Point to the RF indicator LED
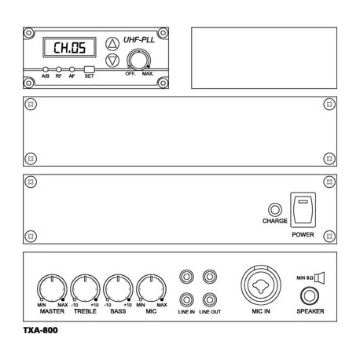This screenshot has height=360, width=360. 59,69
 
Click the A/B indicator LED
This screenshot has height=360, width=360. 46,69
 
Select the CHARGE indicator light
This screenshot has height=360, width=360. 274,210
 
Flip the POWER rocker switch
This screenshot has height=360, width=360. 303,210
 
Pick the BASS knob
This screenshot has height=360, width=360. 118,287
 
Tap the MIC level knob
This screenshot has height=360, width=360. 151,287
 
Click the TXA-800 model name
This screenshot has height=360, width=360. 40,330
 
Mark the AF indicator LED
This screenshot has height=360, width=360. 72,69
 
